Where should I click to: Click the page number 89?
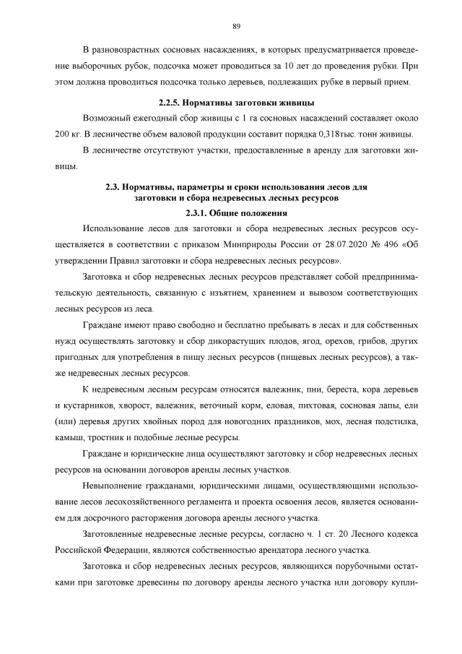(236, 27)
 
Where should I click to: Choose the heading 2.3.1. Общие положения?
(236, 212)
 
